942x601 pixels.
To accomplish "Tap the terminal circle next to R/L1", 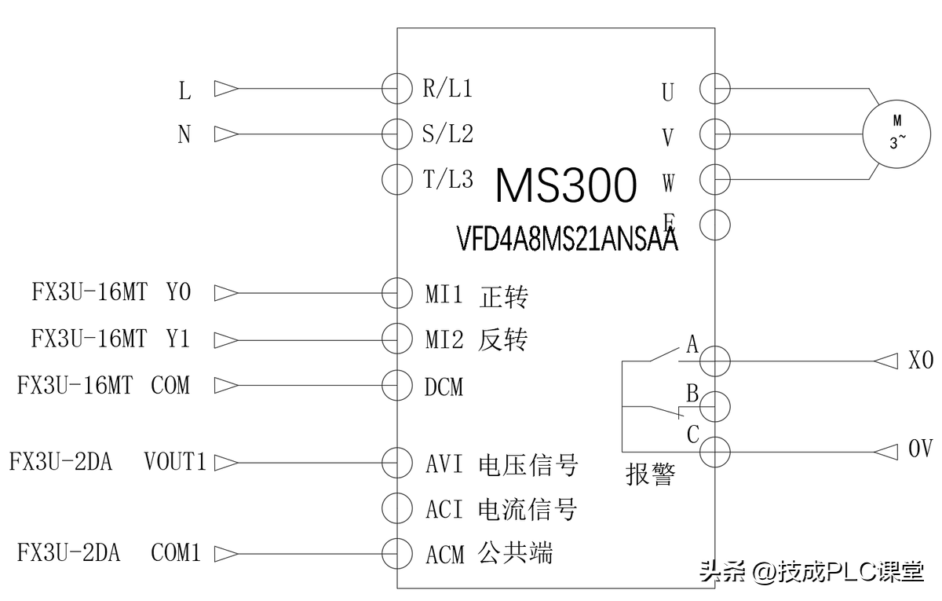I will click(397, 88).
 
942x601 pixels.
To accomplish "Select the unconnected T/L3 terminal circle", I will click(397, 179).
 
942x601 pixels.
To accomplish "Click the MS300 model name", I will click(565, 186).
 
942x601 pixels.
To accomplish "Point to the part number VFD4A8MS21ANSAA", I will click(567, 239).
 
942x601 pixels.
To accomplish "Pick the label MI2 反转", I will click(476, 340).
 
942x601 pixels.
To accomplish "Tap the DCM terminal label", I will click(444, 386).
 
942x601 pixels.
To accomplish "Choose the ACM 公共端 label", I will click(488, 554).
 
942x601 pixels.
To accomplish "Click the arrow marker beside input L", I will click(226, 89).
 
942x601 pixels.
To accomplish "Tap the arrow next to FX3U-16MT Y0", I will click(226, 293).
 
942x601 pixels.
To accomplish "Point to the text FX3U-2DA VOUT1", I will click(107, 461).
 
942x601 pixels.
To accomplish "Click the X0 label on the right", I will click(920, 361).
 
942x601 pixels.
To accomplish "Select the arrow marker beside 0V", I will click(886, 452).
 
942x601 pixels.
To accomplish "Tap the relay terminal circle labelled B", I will click(715, 406).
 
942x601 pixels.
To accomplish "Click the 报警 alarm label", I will click(650, 474).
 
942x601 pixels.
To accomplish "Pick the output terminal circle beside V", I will click(715, 133).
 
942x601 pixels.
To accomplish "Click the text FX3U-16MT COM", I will click(104, 386).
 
